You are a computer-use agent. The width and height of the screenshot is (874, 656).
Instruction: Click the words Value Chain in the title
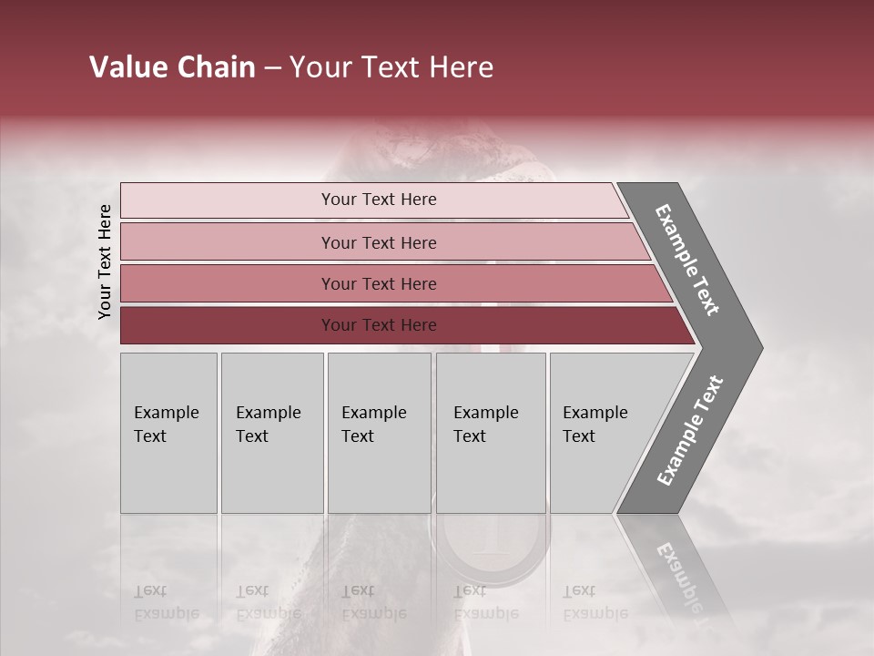tap(172, 67)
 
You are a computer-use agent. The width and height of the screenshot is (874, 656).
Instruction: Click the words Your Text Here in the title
tap(391, 67)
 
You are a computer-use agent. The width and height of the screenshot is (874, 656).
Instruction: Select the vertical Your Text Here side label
tap(105, 261)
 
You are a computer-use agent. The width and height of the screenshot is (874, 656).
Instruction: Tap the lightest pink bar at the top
tap(228, 200)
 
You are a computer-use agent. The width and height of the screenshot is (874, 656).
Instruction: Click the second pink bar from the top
tap(228, 242)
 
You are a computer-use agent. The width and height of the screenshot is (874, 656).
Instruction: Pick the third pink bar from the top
tap(228, 284)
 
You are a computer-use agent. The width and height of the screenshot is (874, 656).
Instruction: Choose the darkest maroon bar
tap(228, 325)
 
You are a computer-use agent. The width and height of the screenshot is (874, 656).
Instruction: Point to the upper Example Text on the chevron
tap(687, 260)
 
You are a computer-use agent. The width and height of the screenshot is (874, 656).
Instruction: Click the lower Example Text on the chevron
tap(689, 431)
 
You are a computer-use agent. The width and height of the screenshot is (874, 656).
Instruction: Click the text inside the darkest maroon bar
tap(379, 325)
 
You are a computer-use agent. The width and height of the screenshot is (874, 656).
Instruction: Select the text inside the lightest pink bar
tap(379, 200)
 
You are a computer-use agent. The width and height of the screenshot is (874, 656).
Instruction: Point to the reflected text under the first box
tap(166, 602)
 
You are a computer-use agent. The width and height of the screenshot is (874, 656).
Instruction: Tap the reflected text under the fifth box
tap(595, 602)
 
